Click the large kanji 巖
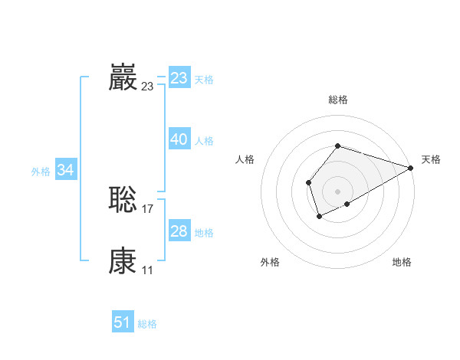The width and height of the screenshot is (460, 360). tap(123, 77)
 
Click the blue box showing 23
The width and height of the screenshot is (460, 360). tap(179, 78)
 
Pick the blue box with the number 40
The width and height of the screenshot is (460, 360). tap(179, 139)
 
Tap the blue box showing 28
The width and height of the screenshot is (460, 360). tap(179, 231)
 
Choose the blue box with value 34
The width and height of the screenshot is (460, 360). tap(66, 170)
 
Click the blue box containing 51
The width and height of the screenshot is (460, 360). tap(123, 322)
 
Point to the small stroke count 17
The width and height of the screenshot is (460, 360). tap(148, 209)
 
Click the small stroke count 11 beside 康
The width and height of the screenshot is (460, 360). tap(147, 270)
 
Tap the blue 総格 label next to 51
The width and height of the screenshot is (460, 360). tap(147, 324)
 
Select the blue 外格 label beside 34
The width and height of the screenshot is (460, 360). tap(41, 172)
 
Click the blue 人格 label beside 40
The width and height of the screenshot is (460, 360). tap(204, 141)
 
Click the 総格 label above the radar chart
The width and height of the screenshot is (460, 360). tap(337, 100)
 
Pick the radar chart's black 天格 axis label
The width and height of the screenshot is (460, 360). tap(431, 159)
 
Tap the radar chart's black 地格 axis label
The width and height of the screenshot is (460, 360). tap(402, 263)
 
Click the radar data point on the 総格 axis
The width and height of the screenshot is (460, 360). tap(337, 146)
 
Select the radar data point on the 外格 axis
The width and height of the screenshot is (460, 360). tap(319, 217)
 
